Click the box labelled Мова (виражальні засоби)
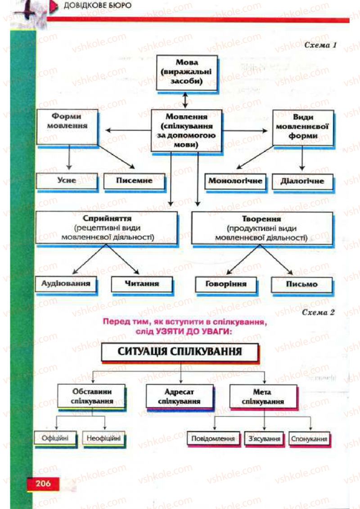coord(186,72)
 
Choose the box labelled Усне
coord(67,180)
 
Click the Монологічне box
coord(235,181)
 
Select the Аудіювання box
coord(66,284)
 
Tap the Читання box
coord(135,284)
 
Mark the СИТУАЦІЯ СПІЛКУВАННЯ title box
coord(180,351)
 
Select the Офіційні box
coord(55,438)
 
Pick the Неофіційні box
coord(104,438)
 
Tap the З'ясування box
coord(264,438)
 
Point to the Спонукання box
coord(309,438)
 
